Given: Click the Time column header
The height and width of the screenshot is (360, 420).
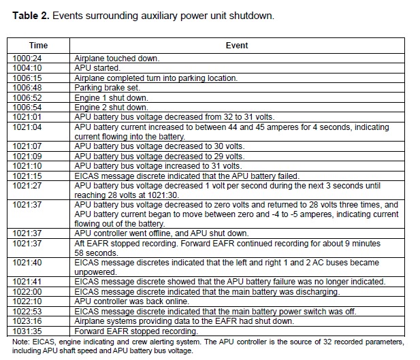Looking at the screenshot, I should pos(38,46).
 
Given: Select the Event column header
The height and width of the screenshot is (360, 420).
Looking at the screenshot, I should pos(236,46).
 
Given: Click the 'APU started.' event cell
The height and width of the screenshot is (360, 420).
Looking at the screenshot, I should pos(97,68).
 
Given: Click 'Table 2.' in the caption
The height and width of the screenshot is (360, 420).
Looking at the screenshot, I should pos(32,16).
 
